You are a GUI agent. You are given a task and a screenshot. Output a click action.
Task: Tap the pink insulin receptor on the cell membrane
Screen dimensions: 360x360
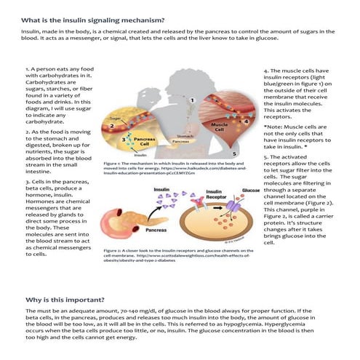point(218,209)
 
